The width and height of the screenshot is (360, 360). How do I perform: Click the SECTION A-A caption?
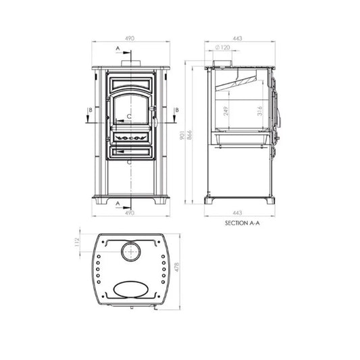tap(242, 223)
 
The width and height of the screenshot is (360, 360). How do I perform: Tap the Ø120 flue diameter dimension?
tap(222, 47)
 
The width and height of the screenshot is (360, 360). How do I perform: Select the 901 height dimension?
tap(182, 135)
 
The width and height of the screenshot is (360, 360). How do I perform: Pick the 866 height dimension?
tap(189, 135)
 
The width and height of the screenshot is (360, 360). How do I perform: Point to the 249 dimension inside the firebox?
tap(226, 111)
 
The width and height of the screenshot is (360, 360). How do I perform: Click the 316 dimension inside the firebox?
tap(259, 111)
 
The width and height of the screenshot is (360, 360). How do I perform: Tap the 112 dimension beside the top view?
tap(77, 242)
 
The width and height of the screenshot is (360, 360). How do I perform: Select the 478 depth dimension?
tap(177, 267)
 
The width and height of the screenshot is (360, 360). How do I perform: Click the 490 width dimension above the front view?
tap(130, 38)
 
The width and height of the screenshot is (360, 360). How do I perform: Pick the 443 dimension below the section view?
tap(237, 213)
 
